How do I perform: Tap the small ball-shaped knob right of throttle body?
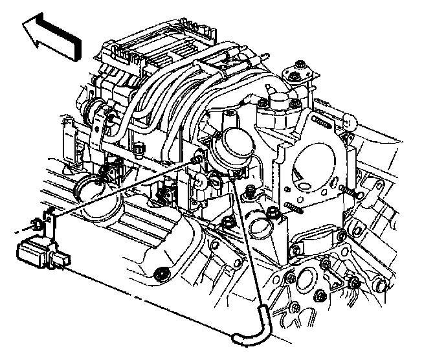tap(351, 120)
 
